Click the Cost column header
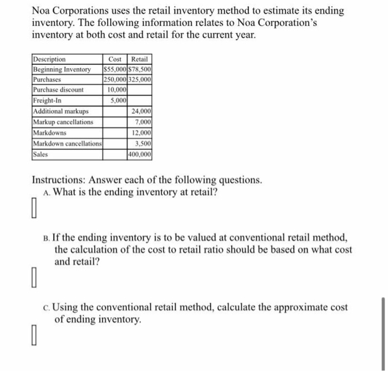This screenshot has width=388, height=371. (x=115, y=59)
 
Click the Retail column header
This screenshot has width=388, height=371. (x=140, y=59)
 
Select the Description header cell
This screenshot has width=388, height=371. (x=49, y=59)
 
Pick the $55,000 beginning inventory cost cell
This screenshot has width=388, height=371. (x=115, y=69)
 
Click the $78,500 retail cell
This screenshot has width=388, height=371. (x=140, y=69)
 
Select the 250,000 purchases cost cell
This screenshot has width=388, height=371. (x=115, y=79)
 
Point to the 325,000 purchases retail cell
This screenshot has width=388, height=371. (x=140, y=79)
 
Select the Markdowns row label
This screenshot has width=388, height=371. (x=50, y=133)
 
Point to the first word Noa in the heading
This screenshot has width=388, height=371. (x=42, y=11)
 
